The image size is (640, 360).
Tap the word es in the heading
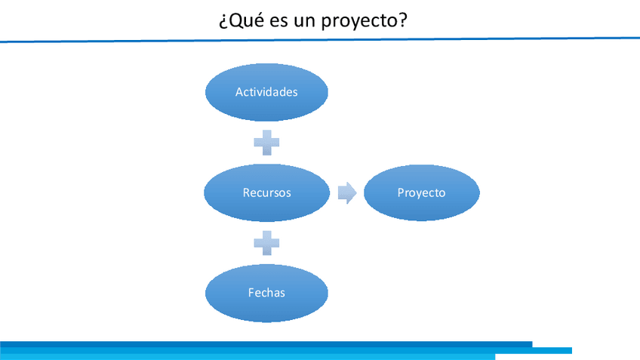(x=278, y=22)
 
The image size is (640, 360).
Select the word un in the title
(x=304, y=22)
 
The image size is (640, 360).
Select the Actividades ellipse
(x=266, y=92)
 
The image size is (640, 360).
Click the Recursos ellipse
(x=267, y=192)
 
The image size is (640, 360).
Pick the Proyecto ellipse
(x=422, y=192)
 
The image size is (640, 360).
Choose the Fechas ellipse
(x=266, y=293)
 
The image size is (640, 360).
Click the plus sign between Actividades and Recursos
(x=266, y=143)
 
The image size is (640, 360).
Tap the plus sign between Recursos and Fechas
(x=266, y=243)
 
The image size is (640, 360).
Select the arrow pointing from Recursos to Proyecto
(x=347, y=192)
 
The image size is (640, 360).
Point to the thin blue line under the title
(x=320, y=39)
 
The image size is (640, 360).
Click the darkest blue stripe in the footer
(x=266, y=344)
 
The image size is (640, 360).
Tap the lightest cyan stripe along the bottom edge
(x=248, y=357)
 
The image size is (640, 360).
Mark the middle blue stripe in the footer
(x=286, y=351)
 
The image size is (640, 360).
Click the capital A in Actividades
(x=239, y=92)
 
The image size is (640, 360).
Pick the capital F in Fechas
(x=251, y=293)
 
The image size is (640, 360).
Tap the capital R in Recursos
(x=246, y=192)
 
